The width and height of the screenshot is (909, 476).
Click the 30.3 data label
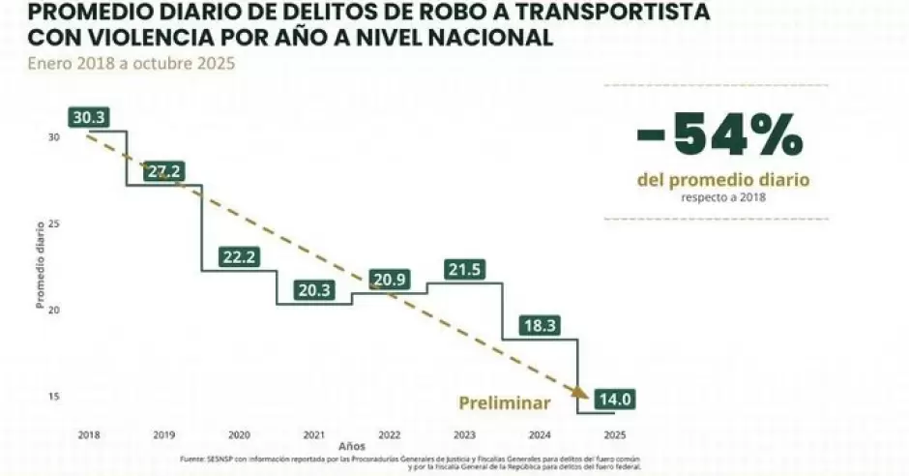pyautogui.click(x=89, y=118)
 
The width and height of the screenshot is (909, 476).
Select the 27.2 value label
pyautogui.click(x=163, y=172)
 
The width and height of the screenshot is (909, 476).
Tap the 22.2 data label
pyautogui.click(x=239, y=257)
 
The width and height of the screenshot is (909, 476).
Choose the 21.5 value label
pyautogui.click(x=464, y=270)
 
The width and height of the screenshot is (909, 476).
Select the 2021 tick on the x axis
pyautogui.click(x=313, y=434)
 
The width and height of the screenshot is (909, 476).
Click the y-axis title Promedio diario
pyautogui.click(x=41, y=267)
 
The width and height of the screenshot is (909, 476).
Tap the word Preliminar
pyautogui.click(x=504, y=403)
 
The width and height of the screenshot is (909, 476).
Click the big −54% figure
pyautogui.click(x=719, y=135)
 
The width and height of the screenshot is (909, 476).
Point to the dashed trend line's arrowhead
pyautogui.click(x=580, y=391)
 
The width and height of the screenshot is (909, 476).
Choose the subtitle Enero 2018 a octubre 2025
pyautogui.click(x=131, y=64)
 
